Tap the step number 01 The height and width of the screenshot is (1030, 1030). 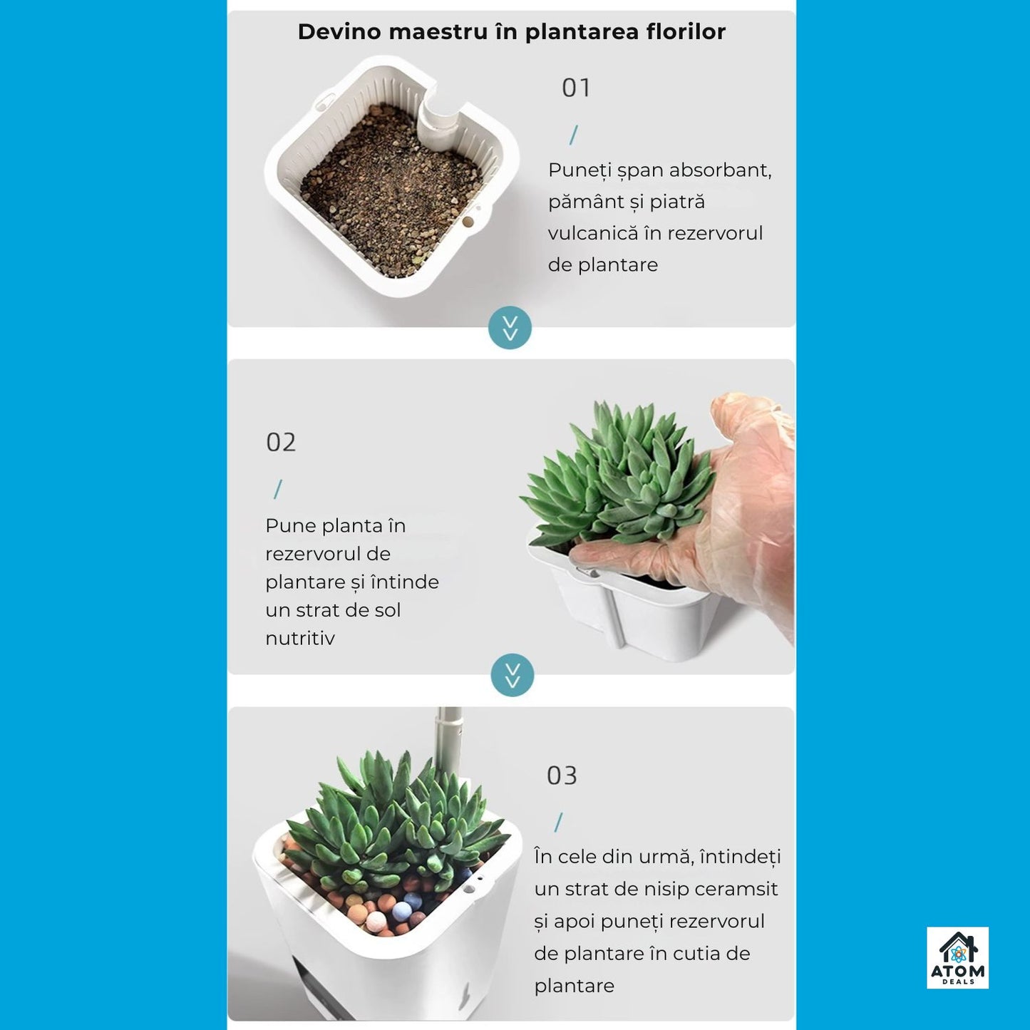click(x=576, y=88)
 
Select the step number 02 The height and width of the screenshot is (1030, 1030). click(x=281, y=442)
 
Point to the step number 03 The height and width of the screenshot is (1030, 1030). click(x=562, y=776)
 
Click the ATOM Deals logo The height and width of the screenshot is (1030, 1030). click(x=957, y=958)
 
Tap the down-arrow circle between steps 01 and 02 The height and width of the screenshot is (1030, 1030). click(x=510, y=328)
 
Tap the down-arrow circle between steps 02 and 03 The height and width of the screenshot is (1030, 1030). click(x=512, y=675)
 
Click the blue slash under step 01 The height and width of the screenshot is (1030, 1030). click(x=574, y=135)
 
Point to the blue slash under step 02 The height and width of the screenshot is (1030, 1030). click(x=278, y=489)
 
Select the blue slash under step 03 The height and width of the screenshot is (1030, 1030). click(x=559, y=822)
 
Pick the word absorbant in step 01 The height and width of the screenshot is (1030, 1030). click(x=720, y=170)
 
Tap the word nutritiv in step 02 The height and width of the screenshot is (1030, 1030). click(x=300, y=638)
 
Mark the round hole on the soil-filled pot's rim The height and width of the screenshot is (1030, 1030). click(x=468, y=221)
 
